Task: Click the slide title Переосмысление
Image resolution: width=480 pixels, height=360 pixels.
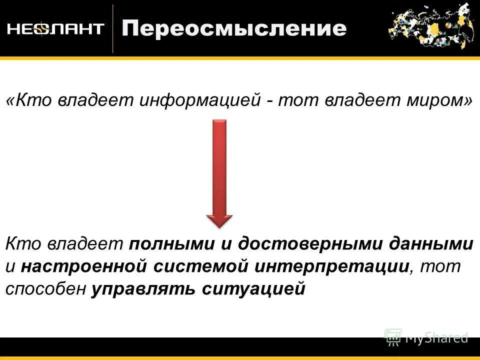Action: point(234,28)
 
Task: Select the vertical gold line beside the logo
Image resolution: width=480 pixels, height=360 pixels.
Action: point(113,28)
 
